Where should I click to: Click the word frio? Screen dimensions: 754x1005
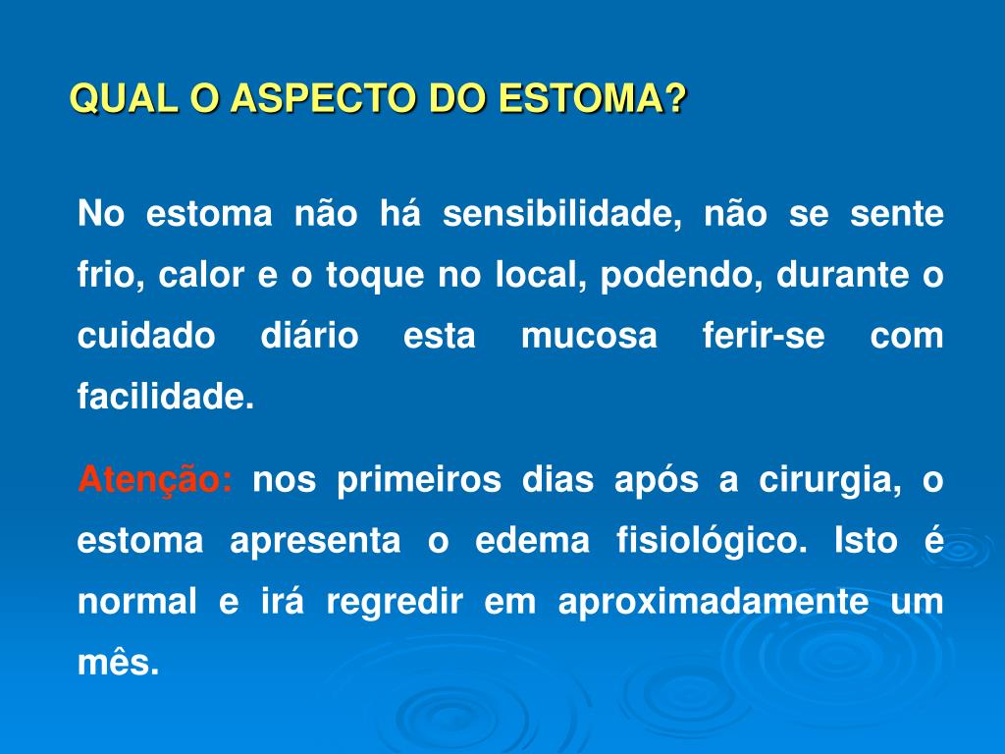103,276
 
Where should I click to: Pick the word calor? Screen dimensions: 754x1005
201,276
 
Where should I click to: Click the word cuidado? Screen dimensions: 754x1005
146,337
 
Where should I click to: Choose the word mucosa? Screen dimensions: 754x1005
589,337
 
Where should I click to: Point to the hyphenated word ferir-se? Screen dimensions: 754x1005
764,337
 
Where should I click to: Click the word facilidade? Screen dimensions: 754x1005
165,398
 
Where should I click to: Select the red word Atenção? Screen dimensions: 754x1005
155,482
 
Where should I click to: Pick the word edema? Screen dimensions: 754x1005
533,541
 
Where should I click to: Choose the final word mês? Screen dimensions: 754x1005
118,663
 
